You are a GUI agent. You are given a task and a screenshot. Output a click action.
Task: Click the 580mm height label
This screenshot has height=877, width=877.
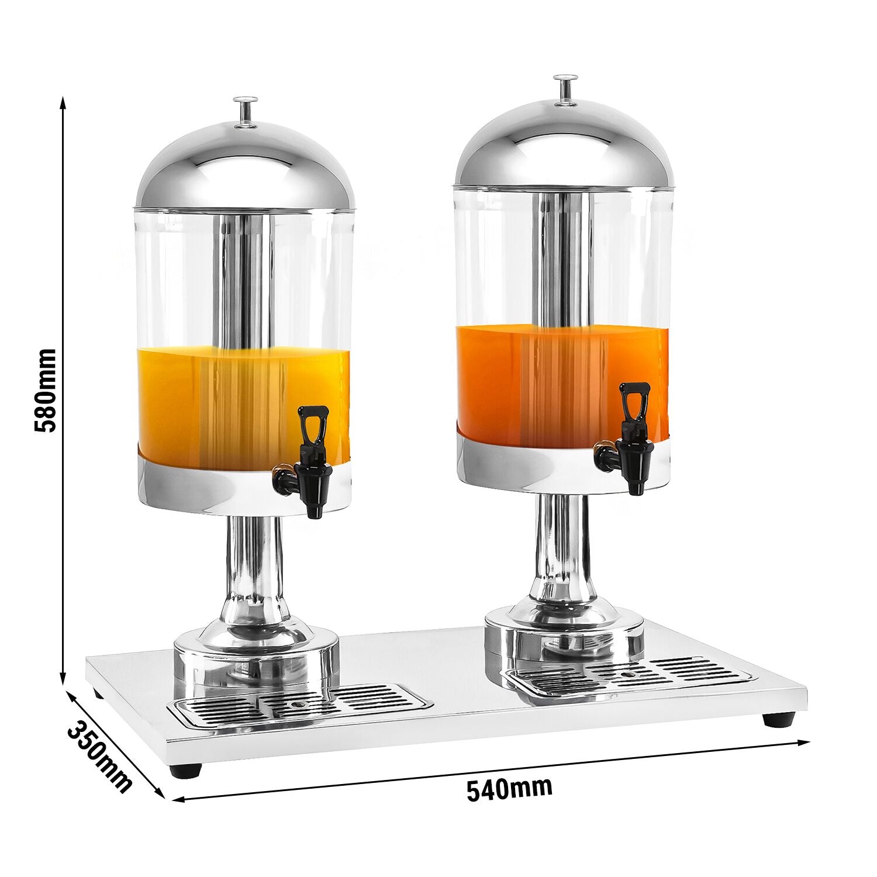pyautogui.click(x=44, y=391)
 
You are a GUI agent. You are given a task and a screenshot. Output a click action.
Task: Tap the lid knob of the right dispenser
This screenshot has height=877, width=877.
pyautogui.click(x=565, y=89)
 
